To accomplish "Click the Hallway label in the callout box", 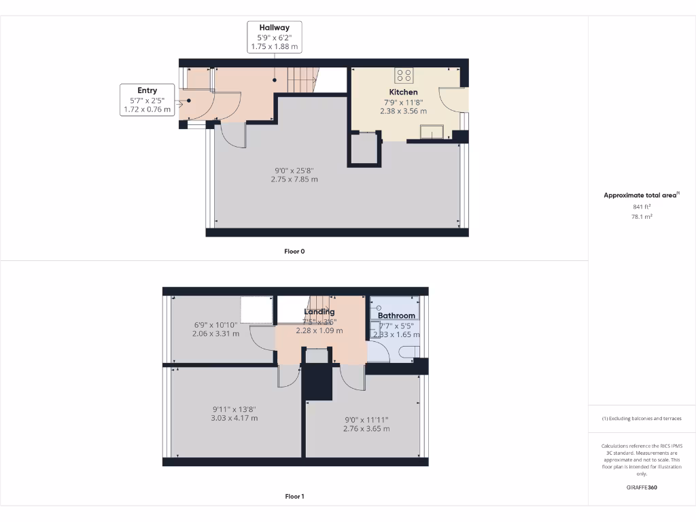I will pyautogui.click(x=274, y=28).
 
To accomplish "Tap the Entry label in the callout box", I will pyautogui.click(x=147, y=90).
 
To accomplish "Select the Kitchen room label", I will pyautogui.click(x=403, y=92).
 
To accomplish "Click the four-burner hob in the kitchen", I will pyautogui.click(x=404, y=75).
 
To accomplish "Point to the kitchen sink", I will pyautogui.click(x=432, y=131).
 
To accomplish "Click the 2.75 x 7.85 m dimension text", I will pyautogui.click(x=294, y=179).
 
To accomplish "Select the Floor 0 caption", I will pyautogui.click(x=294, y=251).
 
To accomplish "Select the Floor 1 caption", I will pyautogui.click(x=294, y=496).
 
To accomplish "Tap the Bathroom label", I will pyautogui.click(x=396, y=316).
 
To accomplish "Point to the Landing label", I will pyautogui.click(x=319, y=312).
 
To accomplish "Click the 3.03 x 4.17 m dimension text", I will pyautogui.click(x=234, y=418).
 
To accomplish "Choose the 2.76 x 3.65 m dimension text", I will pyautogui.click(x=366, y=429).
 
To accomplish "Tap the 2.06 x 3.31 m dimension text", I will pyautogui.click(x=215, y=334).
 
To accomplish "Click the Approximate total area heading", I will pyautogui.click(x=641, y=195).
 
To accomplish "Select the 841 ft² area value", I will pyautogui.click(x=642, y=206).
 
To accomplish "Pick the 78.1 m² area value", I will pyautogui.click(x=642, y=216).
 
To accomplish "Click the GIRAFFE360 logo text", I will pyautogui.click(x=642, y=487).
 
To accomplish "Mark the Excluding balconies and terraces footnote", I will pyautogui.click(x=642, y=419).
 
